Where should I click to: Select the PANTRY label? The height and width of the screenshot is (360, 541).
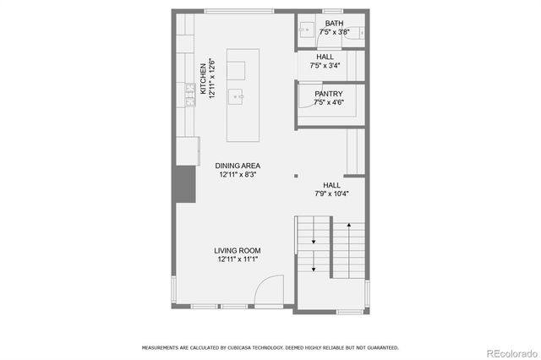(x=329, y=93)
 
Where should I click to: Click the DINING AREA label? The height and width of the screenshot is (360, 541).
(x=237, y=166)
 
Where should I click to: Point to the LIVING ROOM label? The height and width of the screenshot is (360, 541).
(x=237, y=251)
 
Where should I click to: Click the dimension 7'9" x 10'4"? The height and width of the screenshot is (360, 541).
(x=331, y=194)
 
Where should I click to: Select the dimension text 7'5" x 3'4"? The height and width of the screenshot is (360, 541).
(x=325, y=65)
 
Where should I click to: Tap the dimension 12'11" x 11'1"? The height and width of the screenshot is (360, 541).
(x=237, y=260)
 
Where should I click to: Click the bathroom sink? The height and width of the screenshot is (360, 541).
(x=305, y=31)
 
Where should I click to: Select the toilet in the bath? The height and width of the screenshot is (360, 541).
(x=360, y=32)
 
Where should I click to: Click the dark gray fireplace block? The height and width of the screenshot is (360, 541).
(x=183, y=184)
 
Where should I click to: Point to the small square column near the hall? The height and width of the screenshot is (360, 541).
(x=296, y=177)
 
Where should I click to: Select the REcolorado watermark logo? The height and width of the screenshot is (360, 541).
(x=507, y=352)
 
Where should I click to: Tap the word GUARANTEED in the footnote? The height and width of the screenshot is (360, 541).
(x=380, y=347)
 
